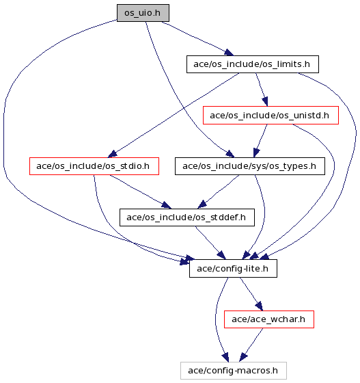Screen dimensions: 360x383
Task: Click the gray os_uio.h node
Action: [143, 13]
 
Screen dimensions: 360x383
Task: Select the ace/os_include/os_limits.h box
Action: [253, 64]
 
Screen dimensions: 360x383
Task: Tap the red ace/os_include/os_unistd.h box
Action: [271, 116]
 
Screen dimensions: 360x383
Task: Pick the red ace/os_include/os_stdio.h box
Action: [94, 166]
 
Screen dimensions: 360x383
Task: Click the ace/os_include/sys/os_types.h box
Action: [250, 166]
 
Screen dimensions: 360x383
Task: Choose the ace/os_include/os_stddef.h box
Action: [187, 217]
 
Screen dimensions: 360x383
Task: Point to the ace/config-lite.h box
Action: [233, 268]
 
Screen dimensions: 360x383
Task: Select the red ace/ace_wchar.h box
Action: [269, 319]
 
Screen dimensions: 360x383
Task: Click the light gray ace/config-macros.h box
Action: [234, 371]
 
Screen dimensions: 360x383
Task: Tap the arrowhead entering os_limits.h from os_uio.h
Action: [229, 52]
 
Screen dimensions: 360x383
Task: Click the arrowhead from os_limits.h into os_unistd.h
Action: [265, 101]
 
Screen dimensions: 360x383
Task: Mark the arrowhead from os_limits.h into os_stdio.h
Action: [113, 154]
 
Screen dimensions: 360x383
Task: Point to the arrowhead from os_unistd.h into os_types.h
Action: [256, 153]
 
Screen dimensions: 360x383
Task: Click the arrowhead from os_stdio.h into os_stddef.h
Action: [167, 205]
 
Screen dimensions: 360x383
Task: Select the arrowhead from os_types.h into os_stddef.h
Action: [202, 204]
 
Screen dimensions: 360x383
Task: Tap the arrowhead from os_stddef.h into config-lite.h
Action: [221, 255]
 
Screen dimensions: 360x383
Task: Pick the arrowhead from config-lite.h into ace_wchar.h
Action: [259, 306]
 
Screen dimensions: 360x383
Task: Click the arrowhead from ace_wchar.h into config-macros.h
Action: [243, 357]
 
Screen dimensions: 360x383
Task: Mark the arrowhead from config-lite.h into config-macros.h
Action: [225, 357]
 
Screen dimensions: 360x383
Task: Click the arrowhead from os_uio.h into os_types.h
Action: [230, 154]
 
